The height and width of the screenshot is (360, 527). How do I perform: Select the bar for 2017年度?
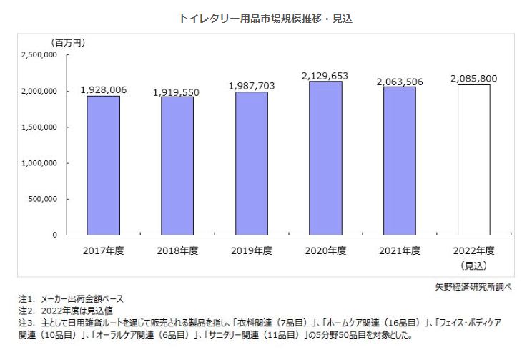coord(104,165)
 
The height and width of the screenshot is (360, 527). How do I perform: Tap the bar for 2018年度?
coord(177,165)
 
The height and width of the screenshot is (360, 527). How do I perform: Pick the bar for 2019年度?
coord(252,163)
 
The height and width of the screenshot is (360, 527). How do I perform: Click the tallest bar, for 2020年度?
coord(325,157)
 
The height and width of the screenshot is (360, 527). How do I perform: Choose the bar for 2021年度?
coord(399,160)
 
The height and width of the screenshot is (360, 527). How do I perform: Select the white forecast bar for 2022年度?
coord(473,160)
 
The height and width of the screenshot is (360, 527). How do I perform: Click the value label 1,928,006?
coord(104,89)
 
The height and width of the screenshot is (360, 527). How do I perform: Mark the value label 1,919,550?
coord(177,93)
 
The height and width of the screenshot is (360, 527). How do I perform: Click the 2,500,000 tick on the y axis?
coord(39,54)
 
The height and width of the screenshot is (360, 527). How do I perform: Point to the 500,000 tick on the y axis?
coord(43,199)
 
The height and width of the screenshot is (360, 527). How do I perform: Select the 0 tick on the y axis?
coord(54,235)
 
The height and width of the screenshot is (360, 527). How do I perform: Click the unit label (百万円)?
coord(67,42)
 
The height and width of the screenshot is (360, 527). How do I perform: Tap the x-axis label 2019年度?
coord(252,251)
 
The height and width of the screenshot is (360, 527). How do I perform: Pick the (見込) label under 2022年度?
coord(473,265)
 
